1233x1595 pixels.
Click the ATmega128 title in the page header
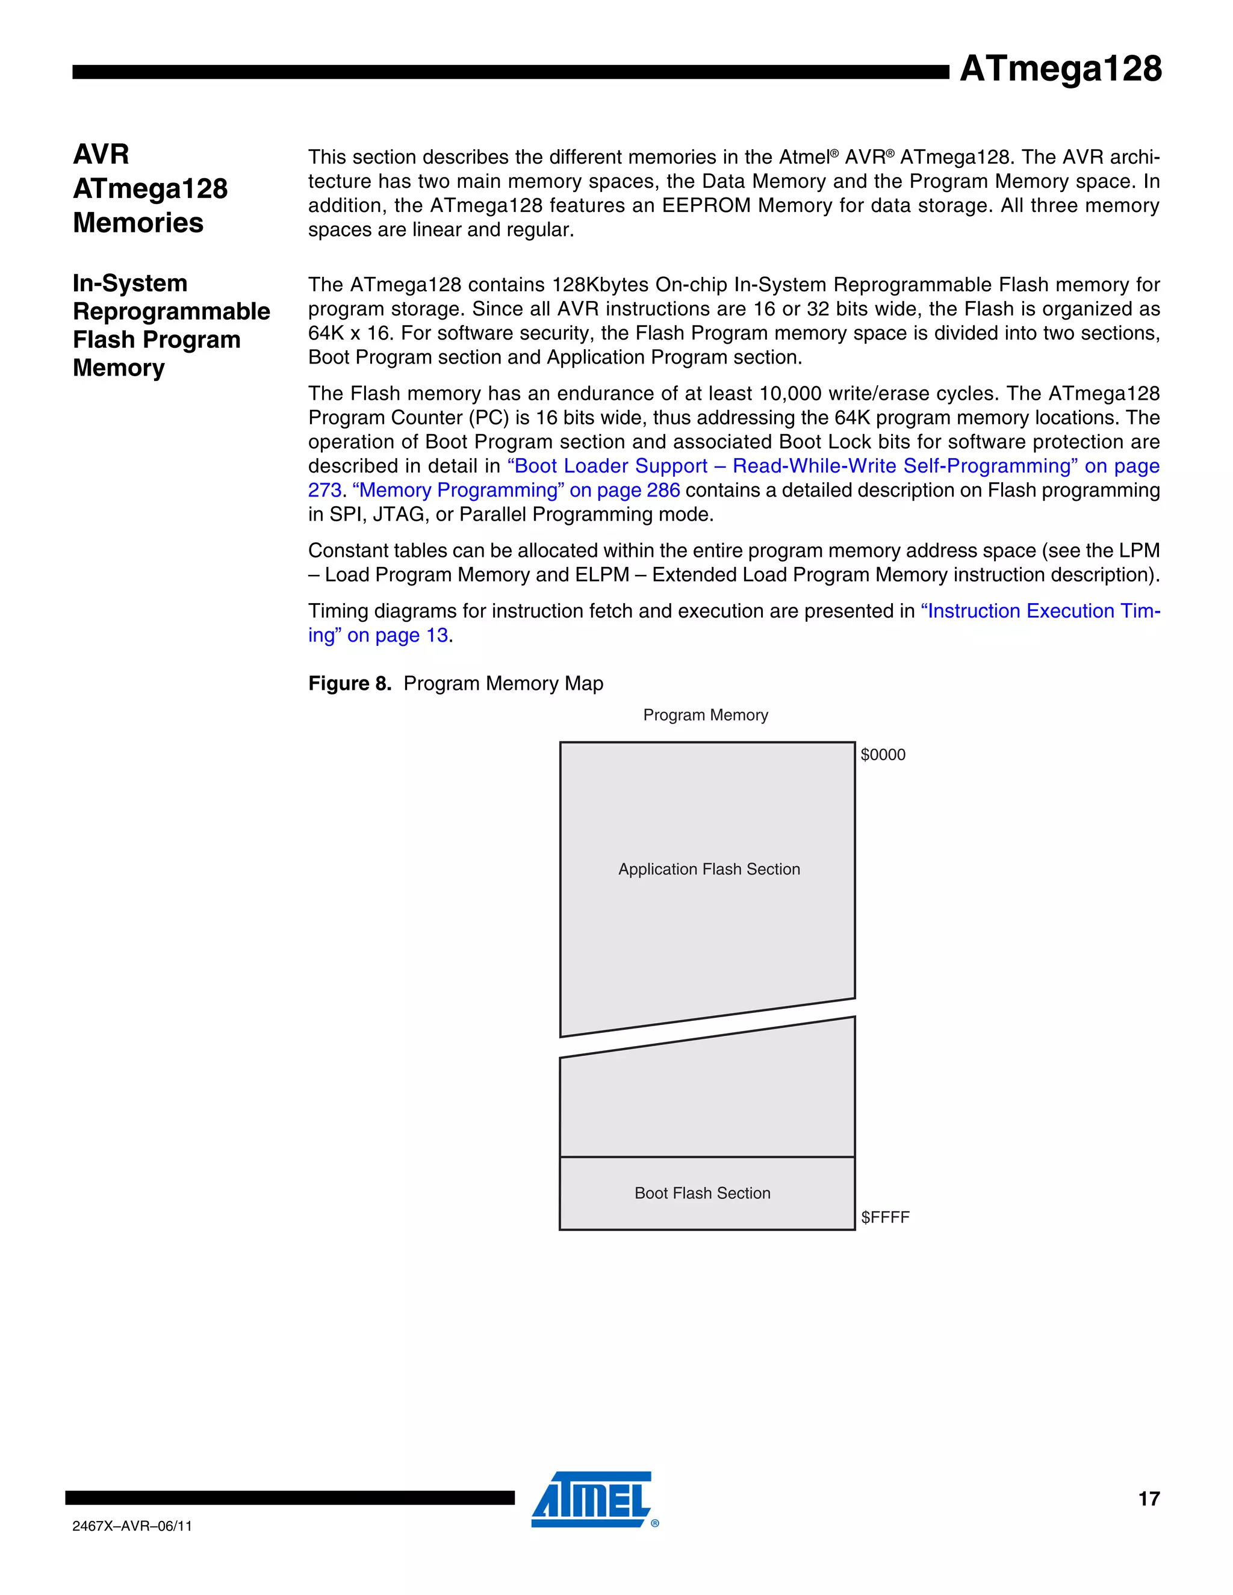click(x=1060, y=69)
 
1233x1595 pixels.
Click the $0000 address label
click(x=883, y=754)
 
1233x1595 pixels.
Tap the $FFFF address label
click(x=884, y=1216)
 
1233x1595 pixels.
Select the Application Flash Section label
click(x=709, y=869)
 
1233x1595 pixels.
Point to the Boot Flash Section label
click(x=702, y=1192)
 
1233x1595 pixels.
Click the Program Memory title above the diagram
click(x=705, y=715)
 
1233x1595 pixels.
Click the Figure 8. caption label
click(x=349, y=684)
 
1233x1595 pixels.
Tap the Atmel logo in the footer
click(x=592, y=1499)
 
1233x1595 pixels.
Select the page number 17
click(x=1148, y=1499)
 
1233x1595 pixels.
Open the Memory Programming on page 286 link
click(x=516, y=490)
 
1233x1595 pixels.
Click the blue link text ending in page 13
click(x=397, y=636)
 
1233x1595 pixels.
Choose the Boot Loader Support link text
click(x=606, y=466)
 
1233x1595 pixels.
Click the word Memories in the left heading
click(x=138, y=223)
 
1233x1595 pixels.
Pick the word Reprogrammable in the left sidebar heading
click(x=172, y=311)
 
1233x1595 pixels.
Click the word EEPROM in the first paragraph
click(x=706, y=206)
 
